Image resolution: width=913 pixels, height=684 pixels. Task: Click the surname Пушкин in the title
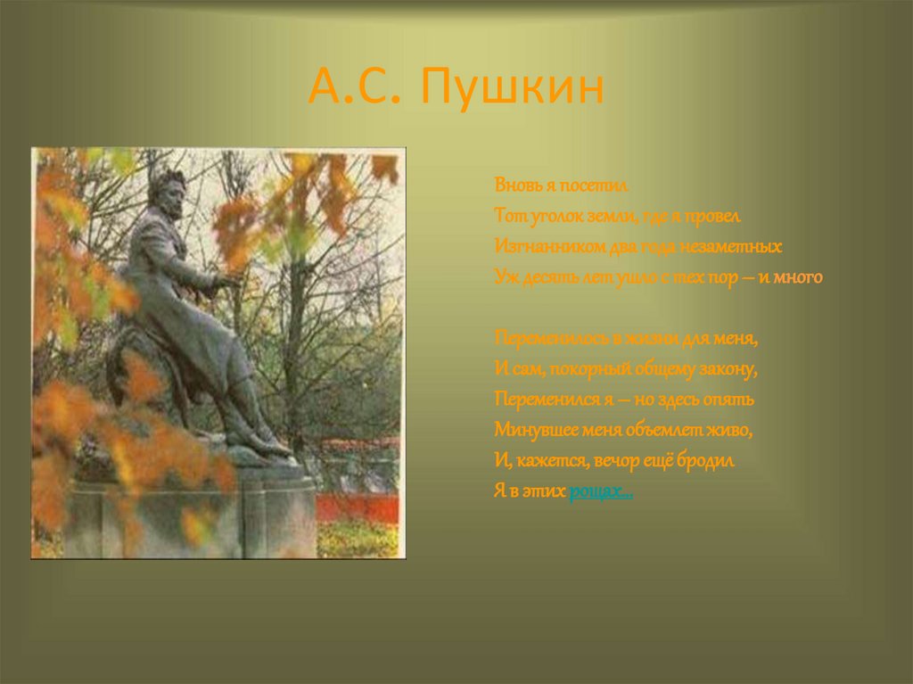(x=514, y=87)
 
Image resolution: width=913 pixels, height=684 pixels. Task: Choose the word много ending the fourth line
(x=797, y=277)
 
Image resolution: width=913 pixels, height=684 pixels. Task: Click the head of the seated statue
(x=167, y=190)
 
